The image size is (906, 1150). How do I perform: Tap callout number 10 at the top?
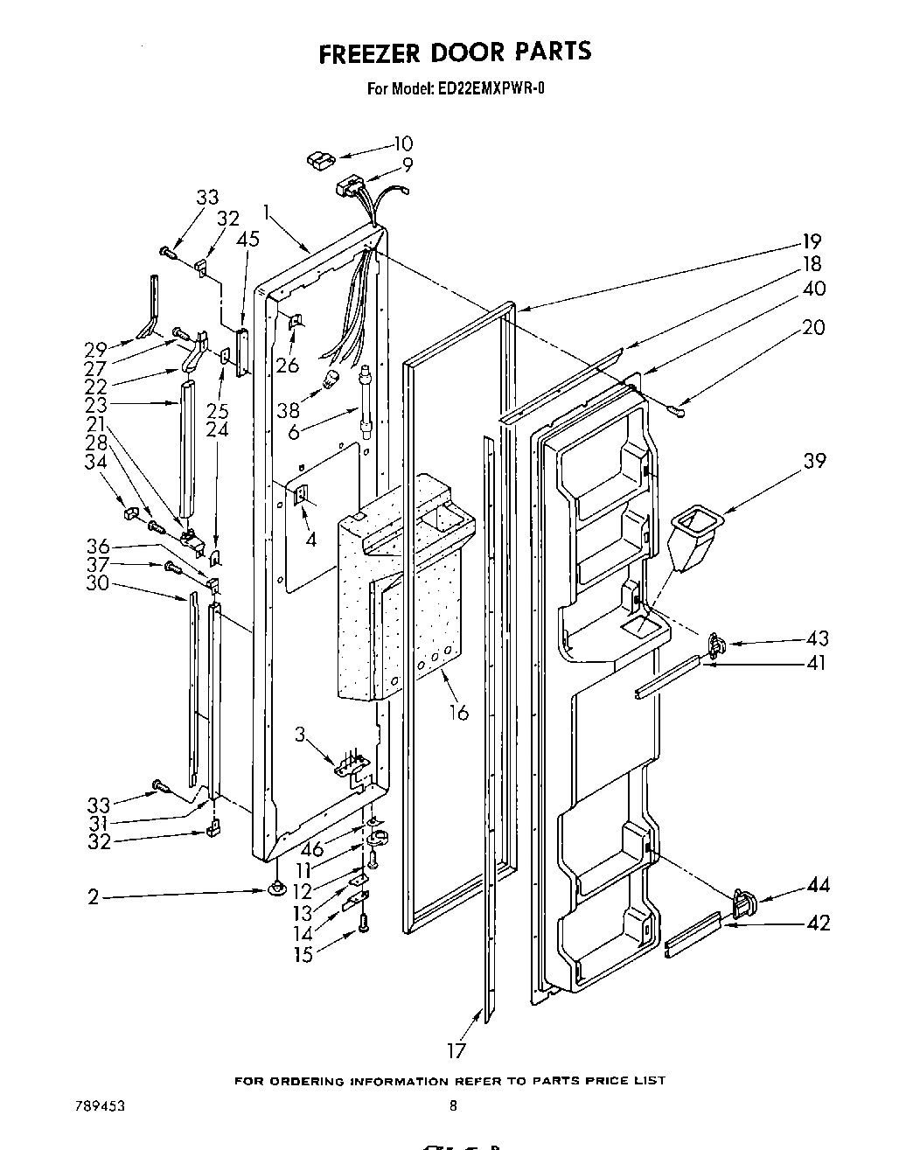tap(402, 143)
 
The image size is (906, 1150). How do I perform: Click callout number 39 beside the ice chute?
tap(814, 461)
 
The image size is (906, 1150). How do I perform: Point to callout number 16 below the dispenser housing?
tap(458, 713)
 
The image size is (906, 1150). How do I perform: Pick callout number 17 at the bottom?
tap(456, 1050)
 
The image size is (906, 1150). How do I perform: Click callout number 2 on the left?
tap(93, 896)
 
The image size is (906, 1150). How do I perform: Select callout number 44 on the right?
tap(818, 886)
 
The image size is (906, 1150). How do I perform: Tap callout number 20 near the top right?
tap(812, 327)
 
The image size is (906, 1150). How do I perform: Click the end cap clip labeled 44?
tap(743, 903)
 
